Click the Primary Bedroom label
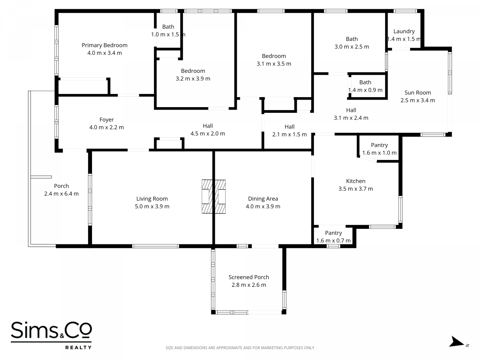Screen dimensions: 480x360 click(x=104, y=45)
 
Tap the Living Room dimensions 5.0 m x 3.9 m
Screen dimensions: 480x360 click(x=152, y=206)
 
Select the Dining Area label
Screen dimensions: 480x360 click(x=263, y=199)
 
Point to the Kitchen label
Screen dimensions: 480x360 click(x=356, y=181)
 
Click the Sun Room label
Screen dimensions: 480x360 click(x=418, y=93)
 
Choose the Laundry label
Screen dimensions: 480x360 click(x=404, y=32)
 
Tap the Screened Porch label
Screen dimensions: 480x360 click(x=249, y=277)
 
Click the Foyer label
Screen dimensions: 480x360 click(x=106, y=120)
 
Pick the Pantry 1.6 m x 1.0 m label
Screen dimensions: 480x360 click(x=380, y=149)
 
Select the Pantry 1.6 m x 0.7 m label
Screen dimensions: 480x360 click(x=333, y=237)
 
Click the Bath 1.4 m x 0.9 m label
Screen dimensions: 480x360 click(x=365, y=86)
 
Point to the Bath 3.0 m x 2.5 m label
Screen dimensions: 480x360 click(x=352, y=43)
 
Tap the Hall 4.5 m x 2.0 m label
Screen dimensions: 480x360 click(x=208, y=130)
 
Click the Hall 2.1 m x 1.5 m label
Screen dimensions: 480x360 click(x=289, y=130)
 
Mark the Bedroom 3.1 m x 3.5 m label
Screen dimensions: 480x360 click(x=274, y=60)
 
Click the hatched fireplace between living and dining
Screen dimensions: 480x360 click(x=214, y=196)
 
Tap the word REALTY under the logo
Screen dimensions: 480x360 click(x=78, y=347)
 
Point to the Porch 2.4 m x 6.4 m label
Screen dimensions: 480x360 click(x=62, y=190)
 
